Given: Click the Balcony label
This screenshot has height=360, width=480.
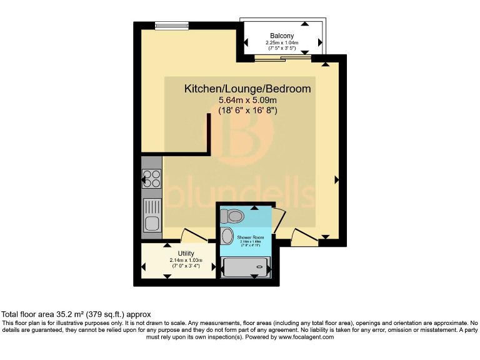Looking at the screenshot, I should tap(282, 35).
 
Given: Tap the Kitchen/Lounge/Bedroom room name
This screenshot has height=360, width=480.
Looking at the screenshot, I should tap(247, 89).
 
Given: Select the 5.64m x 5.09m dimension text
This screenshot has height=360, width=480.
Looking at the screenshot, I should tap(247, 100).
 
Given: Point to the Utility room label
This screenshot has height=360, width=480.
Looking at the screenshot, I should tap(177, 253).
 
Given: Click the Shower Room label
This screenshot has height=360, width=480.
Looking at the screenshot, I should tap(250, 238).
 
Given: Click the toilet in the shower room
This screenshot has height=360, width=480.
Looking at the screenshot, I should tap(232, 216).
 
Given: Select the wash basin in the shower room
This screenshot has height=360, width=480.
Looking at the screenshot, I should tap(226, 236).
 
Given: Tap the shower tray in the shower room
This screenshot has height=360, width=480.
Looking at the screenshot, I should tap(244, 268).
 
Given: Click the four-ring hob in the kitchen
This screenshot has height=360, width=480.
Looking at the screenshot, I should tap(151, 180).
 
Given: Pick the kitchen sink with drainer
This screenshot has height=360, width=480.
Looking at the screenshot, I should tap(151, 214).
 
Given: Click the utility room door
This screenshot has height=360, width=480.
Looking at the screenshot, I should tap(193, 236).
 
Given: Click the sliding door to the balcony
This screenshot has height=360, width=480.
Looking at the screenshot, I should tap(282, 59).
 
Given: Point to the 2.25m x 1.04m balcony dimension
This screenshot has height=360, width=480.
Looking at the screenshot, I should tap(282, 43).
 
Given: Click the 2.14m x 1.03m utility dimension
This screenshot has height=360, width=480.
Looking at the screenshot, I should tap(177, 261).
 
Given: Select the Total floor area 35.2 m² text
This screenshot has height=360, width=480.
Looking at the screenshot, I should tap(76, 314).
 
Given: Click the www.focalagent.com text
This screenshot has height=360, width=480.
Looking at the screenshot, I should tap(302, 337).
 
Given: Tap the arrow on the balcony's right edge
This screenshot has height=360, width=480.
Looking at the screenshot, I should tap(320, 42).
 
